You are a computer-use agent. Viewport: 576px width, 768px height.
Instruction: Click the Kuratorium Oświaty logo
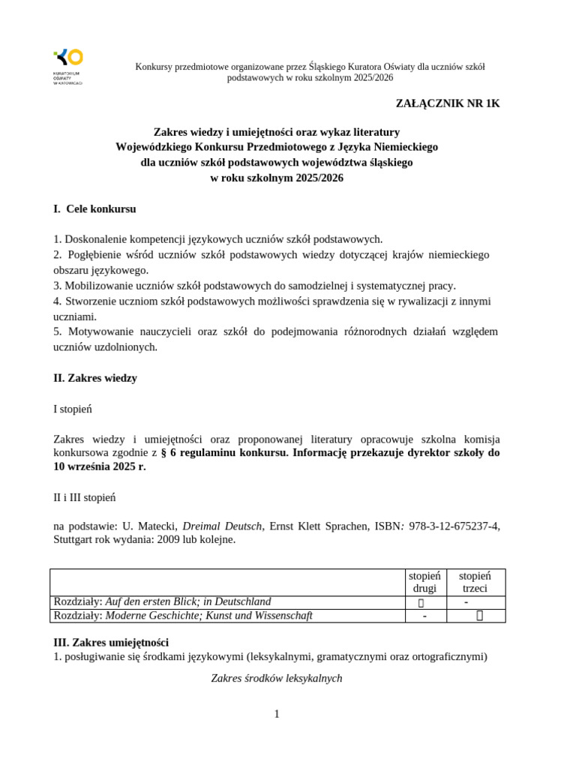click(67, 66)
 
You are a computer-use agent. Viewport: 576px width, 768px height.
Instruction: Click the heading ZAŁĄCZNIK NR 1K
click(448, 103)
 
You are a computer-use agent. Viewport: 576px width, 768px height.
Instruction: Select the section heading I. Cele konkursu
click(94, 208)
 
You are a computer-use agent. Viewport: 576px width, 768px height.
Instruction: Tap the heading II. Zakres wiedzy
click(95, 378)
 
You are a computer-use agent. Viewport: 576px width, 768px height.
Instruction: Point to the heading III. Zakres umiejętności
click(111, 642)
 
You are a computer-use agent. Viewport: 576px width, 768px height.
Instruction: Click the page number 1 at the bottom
click(277, 714)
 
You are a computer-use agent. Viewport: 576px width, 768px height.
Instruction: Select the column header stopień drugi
click(424, 582)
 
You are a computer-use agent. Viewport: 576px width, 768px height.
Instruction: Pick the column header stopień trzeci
click(475, 582)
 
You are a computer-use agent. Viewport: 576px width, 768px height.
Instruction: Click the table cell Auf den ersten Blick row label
click(162, 601)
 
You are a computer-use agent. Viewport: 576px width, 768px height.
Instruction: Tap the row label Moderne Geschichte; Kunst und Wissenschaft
click(183, 616)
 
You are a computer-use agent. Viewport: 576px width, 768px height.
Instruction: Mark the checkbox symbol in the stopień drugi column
click(421, 602)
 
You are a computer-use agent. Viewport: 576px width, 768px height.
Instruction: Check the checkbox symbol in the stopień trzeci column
click(479, 616)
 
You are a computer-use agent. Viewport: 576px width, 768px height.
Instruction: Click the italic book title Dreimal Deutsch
click(223, 526)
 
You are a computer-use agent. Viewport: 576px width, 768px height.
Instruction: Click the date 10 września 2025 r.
click(99, 466)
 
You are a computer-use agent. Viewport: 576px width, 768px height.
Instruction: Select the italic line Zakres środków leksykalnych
click(277, 678)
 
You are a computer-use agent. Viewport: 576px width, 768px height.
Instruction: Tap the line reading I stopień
click(73, 409)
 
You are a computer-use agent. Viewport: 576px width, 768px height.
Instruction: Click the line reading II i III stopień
click(85, 497)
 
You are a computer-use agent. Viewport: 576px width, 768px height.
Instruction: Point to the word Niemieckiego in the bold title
click(403, 146)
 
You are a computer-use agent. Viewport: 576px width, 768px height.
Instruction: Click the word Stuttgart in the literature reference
click(73, 539)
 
